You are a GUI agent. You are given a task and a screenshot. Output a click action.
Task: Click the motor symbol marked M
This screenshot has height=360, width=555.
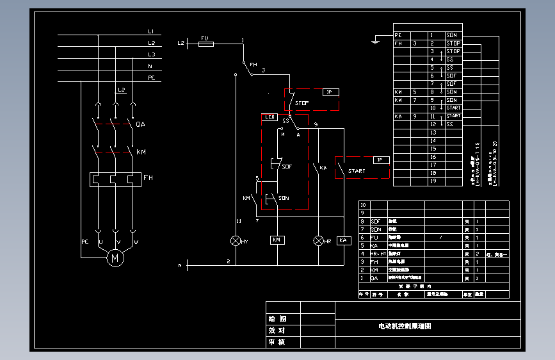pyautogui.click(x=115, y=258)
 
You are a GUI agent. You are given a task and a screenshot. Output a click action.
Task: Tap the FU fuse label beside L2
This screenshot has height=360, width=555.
pyautogui.click(x=205, y=38)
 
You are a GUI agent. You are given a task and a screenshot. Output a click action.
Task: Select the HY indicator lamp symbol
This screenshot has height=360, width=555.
pyautogui.click(x=236, y=240)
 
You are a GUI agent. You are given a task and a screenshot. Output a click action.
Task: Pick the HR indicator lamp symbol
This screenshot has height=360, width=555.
pyautogui.click(x=319, y=240)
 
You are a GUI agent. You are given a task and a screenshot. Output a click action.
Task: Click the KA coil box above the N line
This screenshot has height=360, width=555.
pyautogui.click(x=344, y=240)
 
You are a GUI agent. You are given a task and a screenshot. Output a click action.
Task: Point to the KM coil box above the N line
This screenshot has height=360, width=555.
pyautogui.click(x=277, y=240)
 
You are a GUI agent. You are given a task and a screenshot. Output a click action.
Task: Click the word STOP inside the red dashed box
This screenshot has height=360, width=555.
pyautogui.click(x=302, y=102)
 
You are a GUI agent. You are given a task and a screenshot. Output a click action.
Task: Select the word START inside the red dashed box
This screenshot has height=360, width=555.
pyautogui.click(x=357, y=171)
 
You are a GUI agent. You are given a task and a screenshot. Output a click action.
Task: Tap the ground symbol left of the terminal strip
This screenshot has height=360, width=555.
pyautogui.click(x=376, y=43)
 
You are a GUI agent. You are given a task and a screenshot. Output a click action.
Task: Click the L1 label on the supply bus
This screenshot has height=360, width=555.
pyautogui.click(x=151, y=31)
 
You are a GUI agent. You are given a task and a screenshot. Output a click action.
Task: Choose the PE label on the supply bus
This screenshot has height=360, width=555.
pyautogui.click(x=152, y=78)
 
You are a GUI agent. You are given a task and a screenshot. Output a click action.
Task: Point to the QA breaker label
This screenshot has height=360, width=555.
pyautogui.click(x=141, y=124)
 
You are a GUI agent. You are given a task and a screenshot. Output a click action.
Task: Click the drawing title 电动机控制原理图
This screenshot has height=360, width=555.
pyautogui.click(x=405, y=326)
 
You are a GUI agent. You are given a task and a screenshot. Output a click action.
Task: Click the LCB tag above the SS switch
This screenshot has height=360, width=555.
pyautogui.click(x=269, y=117)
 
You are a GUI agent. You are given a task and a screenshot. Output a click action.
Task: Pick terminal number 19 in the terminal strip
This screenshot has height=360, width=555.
pyautogui.click(x=433, y=181)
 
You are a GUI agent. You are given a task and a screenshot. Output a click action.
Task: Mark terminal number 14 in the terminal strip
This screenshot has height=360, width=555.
pyautogui.click(x=433, y=140)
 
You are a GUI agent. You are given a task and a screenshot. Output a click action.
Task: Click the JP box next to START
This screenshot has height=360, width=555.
pyautogui.click(x=381, y=160)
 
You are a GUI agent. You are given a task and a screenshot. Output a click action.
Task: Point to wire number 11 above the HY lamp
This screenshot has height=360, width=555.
pyautogui.click(x=238, y=221)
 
